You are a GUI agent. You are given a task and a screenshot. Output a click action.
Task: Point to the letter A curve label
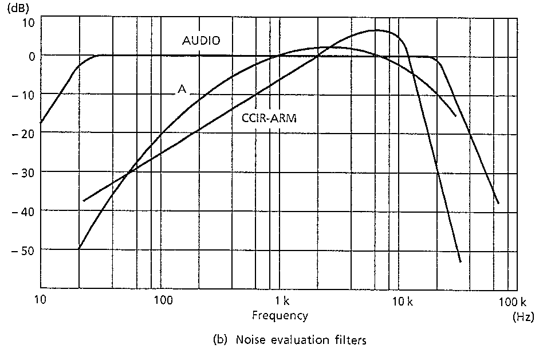pyautogui.click(x=182, y=90)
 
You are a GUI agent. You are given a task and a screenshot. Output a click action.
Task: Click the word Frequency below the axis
pyautogui.click(x=280, y=315)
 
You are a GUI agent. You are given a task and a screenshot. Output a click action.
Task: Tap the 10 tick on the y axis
pyautogui.click(x=28, y=24)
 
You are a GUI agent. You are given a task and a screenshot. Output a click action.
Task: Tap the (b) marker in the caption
pyautogui.click(x=219, y=340)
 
